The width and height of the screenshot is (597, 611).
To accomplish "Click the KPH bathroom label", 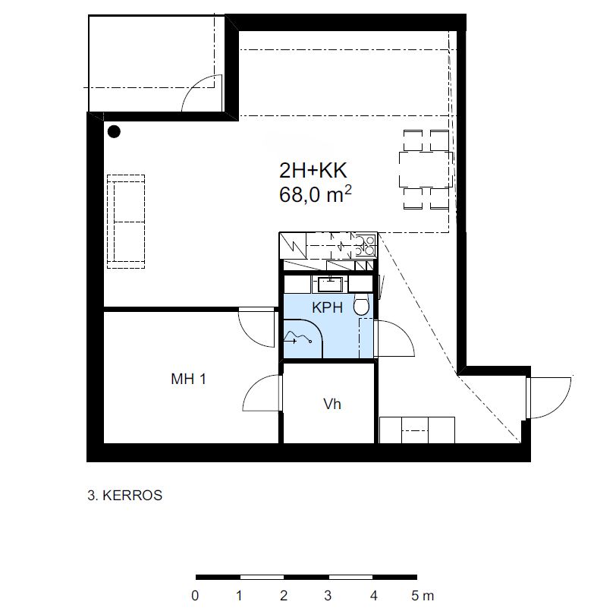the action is [327, 307].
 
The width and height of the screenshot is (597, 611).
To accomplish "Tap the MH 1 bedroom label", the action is [188, 379].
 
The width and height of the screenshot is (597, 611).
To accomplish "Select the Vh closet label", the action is [332, 404].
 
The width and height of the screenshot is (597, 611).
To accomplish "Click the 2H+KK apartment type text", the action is [313, 170].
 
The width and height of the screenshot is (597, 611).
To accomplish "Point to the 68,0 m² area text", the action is [315, 194].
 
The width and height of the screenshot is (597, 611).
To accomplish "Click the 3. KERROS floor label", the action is [124, 496].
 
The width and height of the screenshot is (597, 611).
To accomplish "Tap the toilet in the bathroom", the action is [361, 304].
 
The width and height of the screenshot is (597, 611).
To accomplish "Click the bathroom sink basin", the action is [330, 284].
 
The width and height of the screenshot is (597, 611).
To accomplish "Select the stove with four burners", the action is [366, 245].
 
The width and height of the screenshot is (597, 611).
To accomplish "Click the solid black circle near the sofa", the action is [114, 132].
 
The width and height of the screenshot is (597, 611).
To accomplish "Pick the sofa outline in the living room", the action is [126, 222].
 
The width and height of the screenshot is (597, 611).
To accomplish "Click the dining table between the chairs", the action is [426, 169].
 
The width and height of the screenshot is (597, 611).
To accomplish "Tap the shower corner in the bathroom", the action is [303, 339].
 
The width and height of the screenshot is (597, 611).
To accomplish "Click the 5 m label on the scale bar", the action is [423, 596].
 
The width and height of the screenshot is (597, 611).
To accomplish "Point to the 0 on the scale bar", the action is [195, 596].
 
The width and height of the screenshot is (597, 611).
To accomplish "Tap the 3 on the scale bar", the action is [328, 596].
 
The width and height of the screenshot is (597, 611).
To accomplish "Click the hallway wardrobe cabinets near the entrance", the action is [417, 430].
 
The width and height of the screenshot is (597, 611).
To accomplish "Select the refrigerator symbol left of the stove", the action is [293, 245].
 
